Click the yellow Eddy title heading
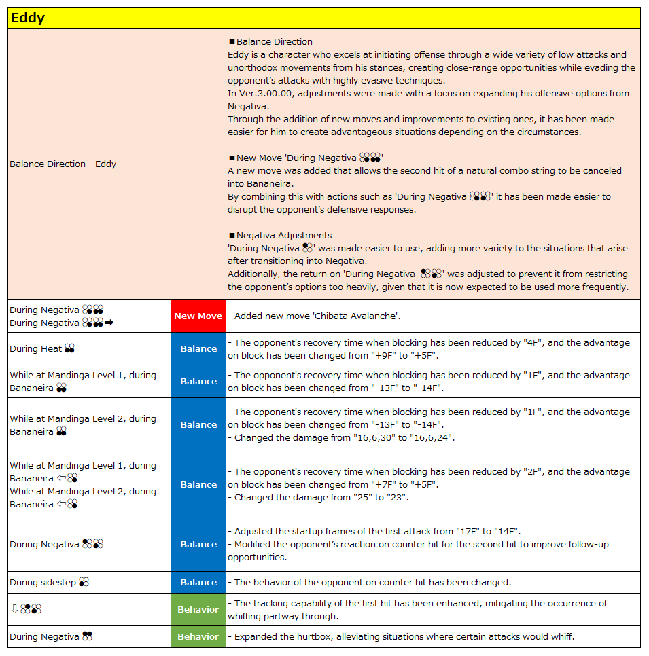click(28, 18)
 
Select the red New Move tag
click(198, 316)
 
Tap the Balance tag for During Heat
click(198, 349)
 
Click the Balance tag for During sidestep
click(198, 583)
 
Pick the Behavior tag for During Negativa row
click(198, 637)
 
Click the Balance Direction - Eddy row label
click(63, 164)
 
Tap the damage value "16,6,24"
click(432, 438)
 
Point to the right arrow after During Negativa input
click(109, 323)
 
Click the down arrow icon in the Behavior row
click(14, 610)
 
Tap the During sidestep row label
click(42, 583)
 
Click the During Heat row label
click(35, 349)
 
